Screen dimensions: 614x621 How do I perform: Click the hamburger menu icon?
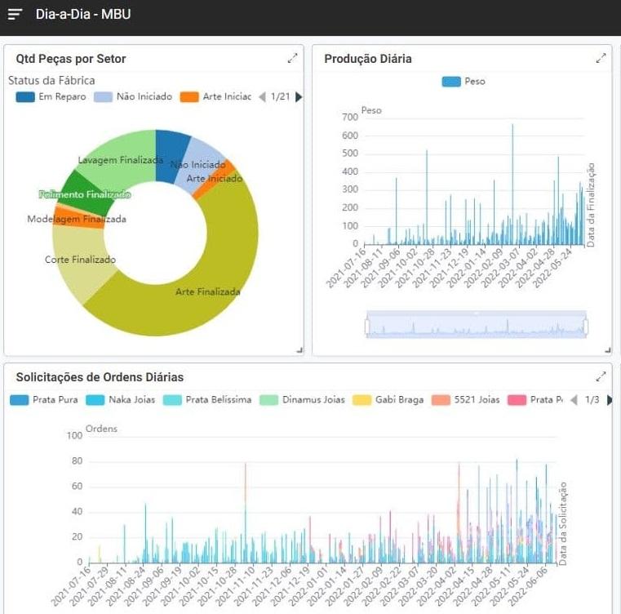tap(15, 15)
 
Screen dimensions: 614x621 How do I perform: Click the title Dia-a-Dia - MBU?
tap(82, 15)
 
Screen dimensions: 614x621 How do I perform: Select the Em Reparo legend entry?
tap(51, 97)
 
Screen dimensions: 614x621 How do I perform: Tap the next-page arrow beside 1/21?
tap(299, 97)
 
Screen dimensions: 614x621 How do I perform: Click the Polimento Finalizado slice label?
tap(85, 195)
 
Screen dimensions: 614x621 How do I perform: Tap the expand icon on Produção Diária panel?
tap(601, 59)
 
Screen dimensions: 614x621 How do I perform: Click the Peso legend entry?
tap(464, 82)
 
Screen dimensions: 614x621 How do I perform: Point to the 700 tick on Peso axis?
tap(349, 117)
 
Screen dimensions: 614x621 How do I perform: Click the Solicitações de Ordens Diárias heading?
tap(100, 377)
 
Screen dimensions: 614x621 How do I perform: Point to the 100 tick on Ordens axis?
tap(74, 436)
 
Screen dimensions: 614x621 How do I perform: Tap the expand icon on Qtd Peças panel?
tap(292, 59)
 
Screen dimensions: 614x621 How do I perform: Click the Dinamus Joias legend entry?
tap(303, 400)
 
